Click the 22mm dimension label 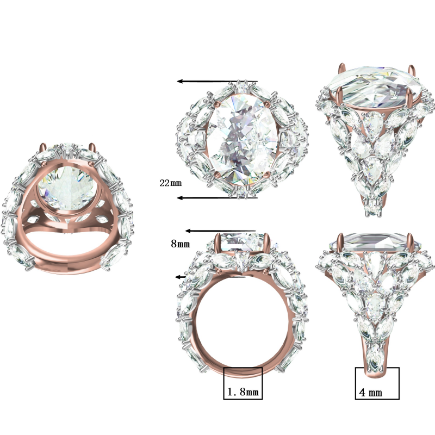[x=170, y=183]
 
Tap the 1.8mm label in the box [x=243, y=391]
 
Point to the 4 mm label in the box [x=370, y=391]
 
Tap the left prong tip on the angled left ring [x=43, y=147]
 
